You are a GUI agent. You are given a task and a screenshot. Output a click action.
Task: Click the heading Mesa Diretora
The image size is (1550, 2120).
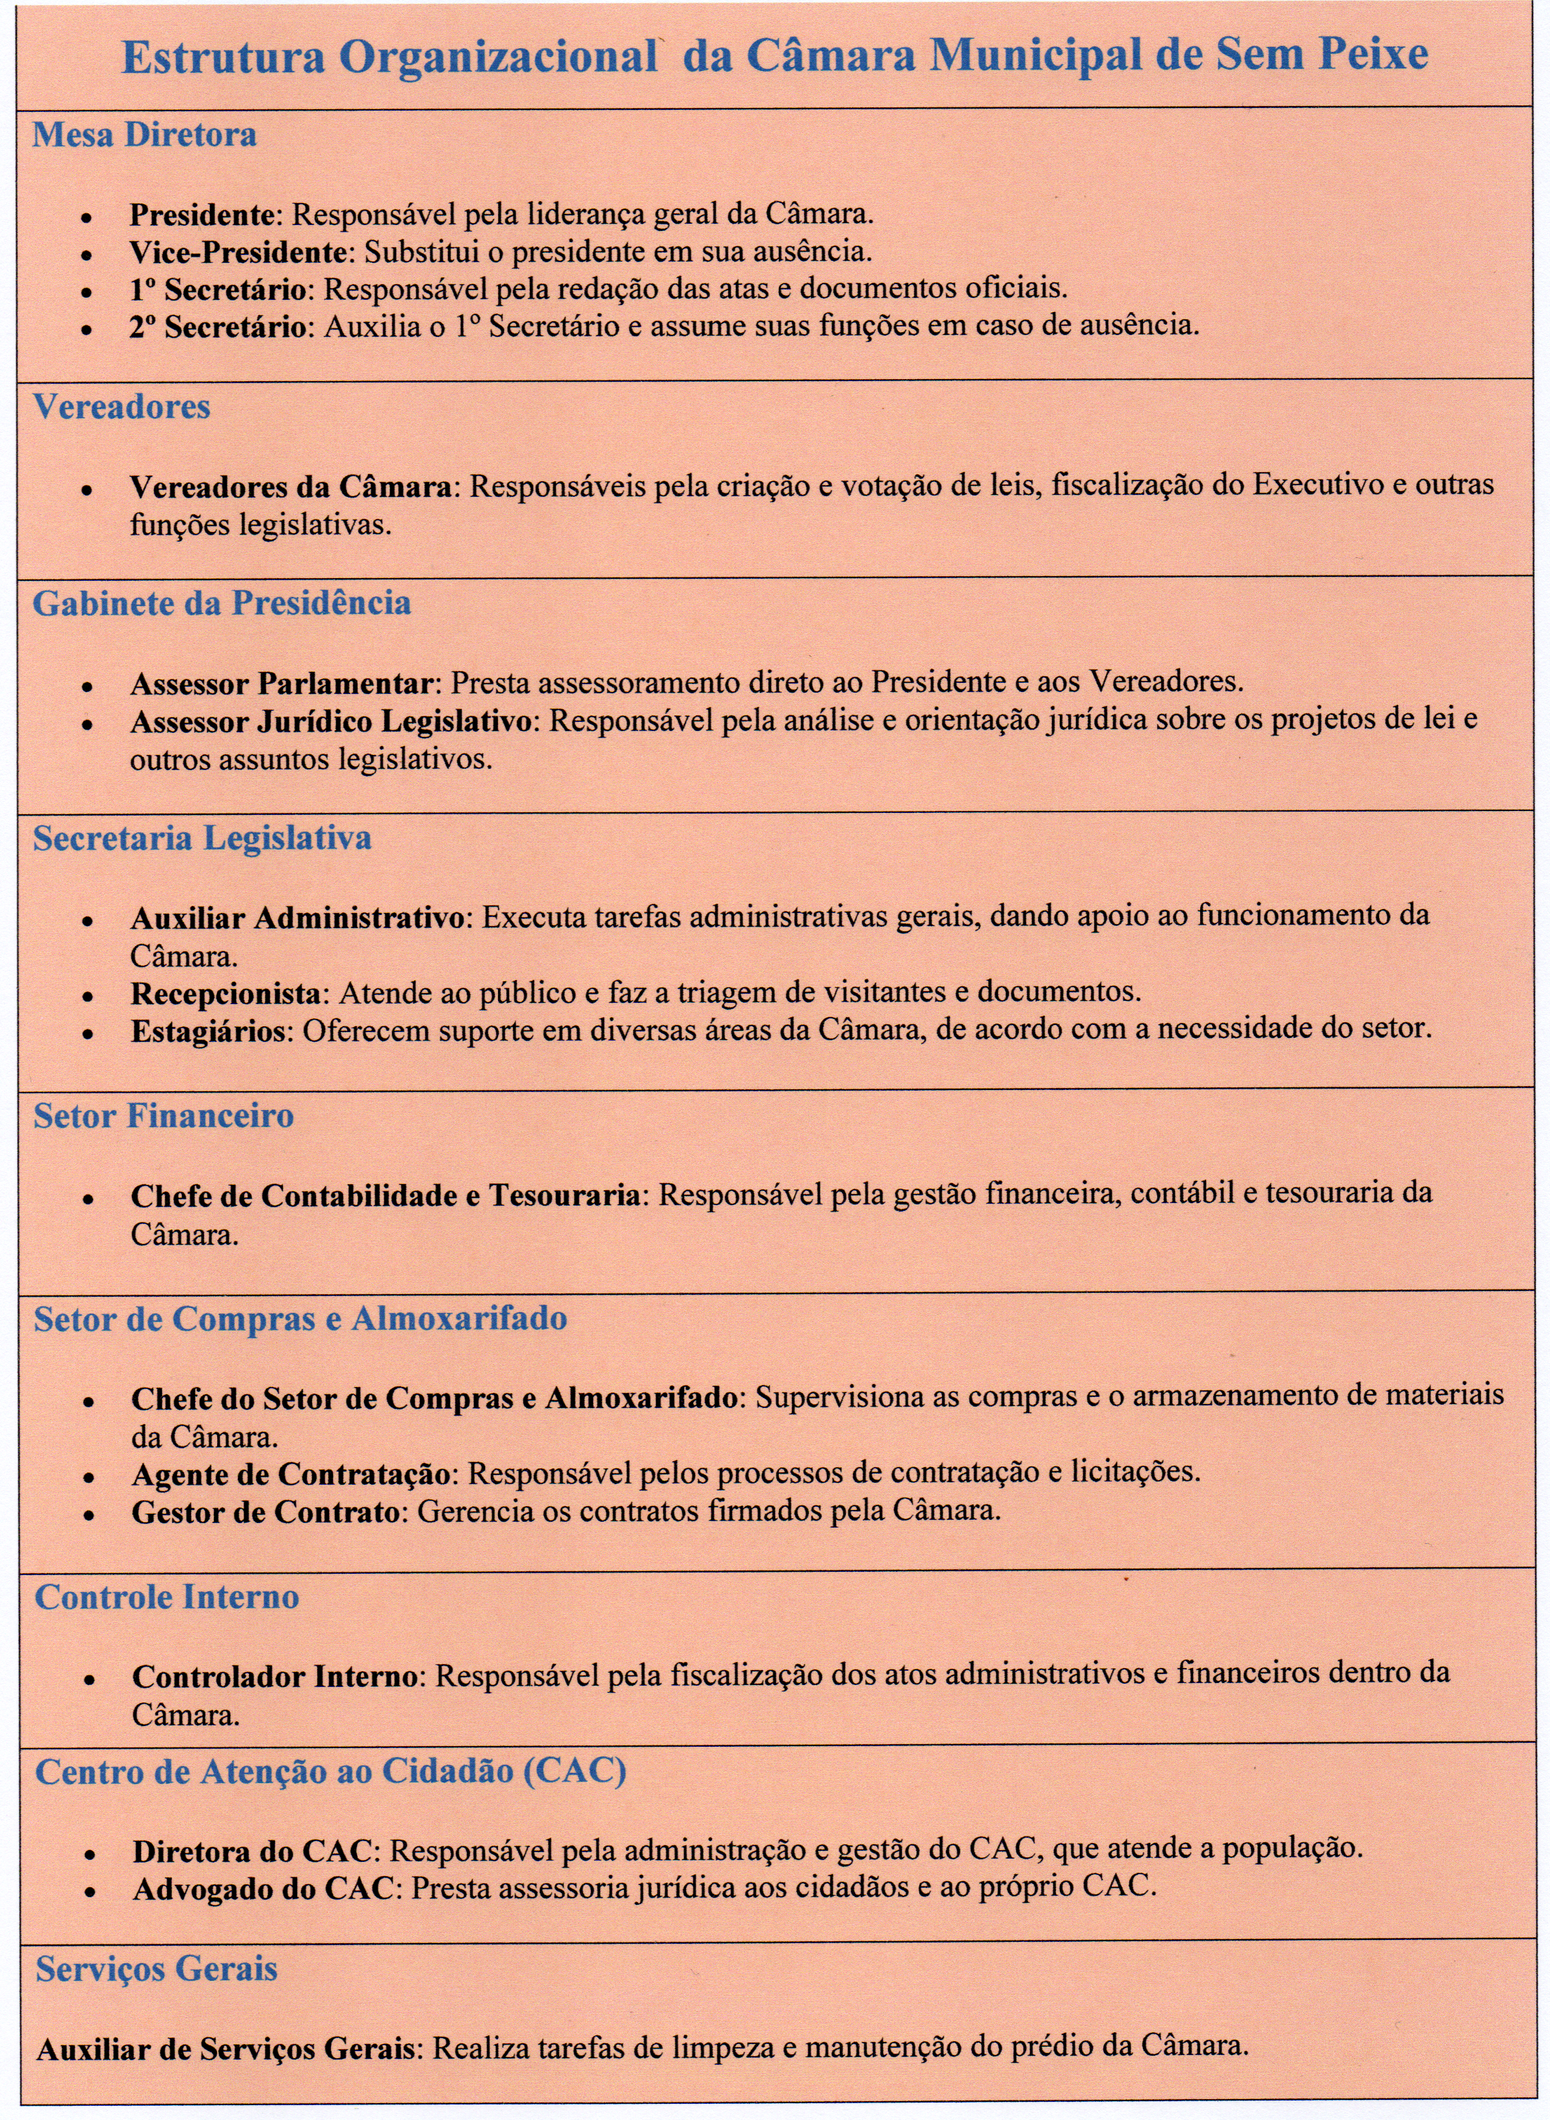coord(144,135)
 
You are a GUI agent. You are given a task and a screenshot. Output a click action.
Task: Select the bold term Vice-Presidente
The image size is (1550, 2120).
coord(239,252)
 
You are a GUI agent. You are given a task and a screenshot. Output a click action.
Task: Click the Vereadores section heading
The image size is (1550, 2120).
coord(122,407)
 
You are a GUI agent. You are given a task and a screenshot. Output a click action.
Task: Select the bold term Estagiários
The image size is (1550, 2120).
coord(208,1031)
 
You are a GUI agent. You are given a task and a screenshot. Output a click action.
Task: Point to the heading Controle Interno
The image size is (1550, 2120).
coord(167,1597)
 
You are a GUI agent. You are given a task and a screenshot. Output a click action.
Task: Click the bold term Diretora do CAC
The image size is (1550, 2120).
coord(252,1851)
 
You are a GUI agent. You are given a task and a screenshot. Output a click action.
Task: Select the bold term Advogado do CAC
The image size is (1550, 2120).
coord(263,1889)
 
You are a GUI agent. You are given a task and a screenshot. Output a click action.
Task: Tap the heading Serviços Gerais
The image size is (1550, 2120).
coord(157,1969)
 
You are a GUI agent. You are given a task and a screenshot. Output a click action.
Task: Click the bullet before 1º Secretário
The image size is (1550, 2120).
coord(86,293)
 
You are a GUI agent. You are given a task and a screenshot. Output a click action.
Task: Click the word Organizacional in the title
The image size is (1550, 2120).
coord(497,58)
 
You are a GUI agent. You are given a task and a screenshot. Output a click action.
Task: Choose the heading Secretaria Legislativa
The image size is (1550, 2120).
coord(203,838)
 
